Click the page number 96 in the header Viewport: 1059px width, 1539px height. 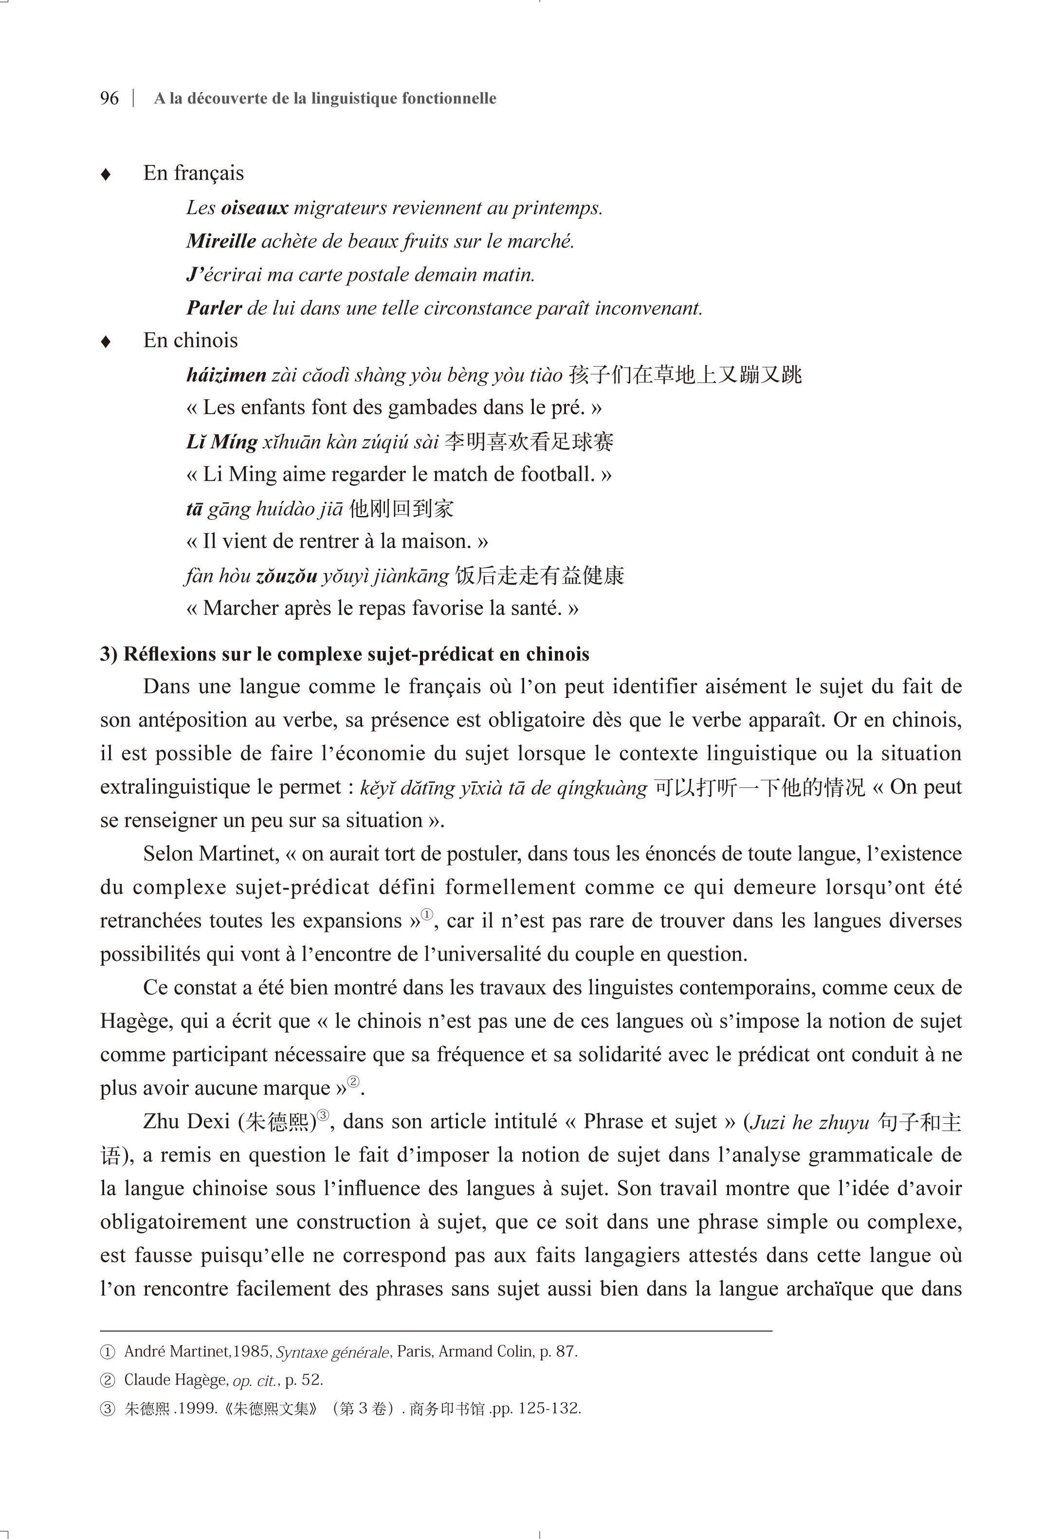point(110,98)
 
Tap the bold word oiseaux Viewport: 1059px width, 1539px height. point(255,208)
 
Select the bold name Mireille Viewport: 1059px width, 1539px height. point(221,241)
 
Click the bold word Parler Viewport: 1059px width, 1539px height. point(214,308)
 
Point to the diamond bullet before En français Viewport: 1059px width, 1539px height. point(105,175)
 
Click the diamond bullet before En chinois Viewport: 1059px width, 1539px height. point(105,342)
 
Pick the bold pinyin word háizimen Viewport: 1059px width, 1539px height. point(226,376)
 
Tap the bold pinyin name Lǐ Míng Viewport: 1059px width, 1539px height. point(221,442)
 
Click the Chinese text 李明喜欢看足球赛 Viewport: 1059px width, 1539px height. point(529,442)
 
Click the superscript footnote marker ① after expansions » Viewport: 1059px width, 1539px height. point(427,915)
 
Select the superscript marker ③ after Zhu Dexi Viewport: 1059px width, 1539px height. point(323,1115)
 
